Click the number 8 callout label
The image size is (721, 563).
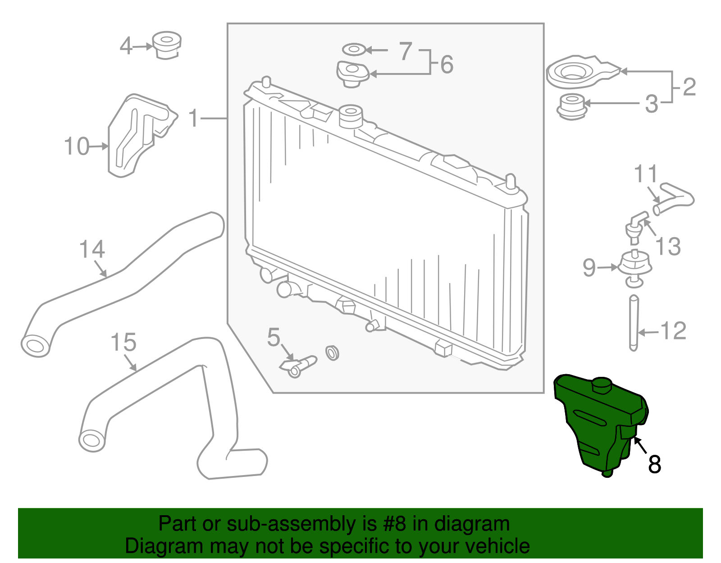[654, 464]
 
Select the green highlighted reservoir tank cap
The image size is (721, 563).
[601, 386]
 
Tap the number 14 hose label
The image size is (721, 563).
[91, 249]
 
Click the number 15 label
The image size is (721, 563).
[123, 343]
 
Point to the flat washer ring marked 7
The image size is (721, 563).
[354, 49]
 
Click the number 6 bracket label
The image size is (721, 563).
[447, 64]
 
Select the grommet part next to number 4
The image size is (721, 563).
[167, 45]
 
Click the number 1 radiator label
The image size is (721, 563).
[193, 119]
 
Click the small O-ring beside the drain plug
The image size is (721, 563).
[332, 353]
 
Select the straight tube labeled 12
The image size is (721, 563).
[634, 322]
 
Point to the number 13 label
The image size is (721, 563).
[667, 247]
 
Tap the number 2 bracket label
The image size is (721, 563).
[689, 87]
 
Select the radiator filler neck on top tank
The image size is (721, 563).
[350, 116]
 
